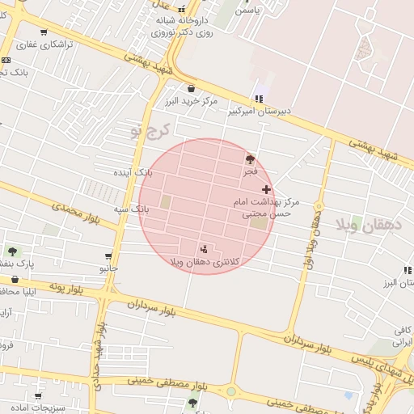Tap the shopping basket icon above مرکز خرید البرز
click(190, 89)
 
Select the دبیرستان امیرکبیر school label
click(264, 110)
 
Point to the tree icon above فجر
click(250, 160)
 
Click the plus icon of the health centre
click(267, 188)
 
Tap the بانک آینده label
click(133, 173)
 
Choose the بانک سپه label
click(131, 209)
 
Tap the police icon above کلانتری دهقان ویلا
click(203, 248)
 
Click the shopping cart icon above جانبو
click(108, 256)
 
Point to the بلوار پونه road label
click(67, 286)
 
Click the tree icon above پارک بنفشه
click(12, 251)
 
